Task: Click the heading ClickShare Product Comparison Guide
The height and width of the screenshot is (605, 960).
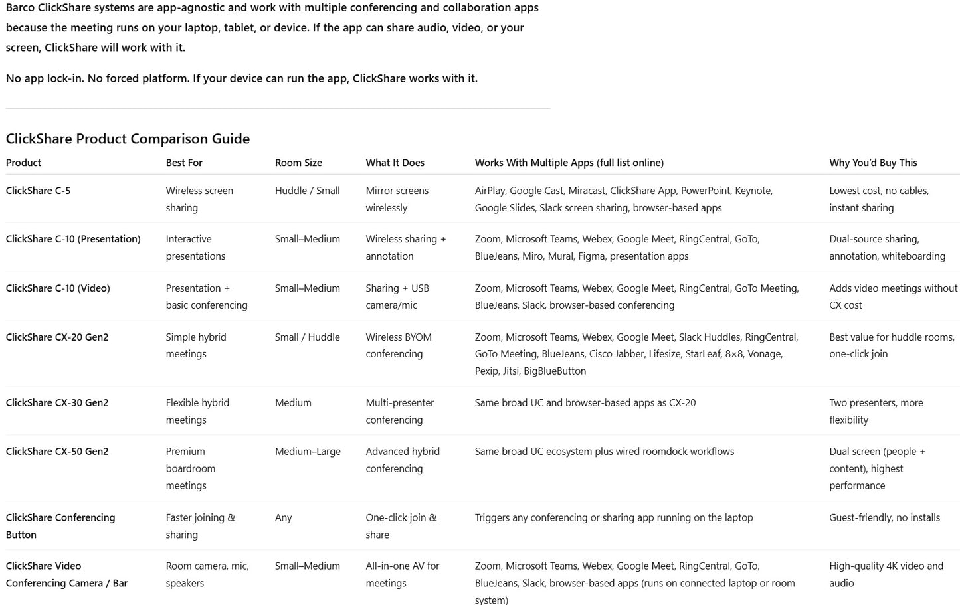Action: (x=128, y=139)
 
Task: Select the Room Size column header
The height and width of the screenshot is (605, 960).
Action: (x=298, y=163)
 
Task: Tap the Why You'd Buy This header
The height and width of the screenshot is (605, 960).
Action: (x=872, y=163)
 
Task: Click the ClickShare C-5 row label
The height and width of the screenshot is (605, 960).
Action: (x=38, y=191)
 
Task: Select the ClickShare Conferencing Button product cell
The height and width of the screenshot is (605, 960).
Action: (x=60, y=526)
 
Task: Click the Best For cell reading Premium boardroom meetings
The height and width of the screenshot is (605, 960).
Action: (x=191, y=468)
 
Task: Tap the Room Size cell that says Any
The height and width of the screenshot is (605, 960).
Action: (x=283, y=518)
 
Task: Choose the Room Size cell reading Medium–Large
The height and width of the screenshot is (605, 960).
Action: (x=308, y=452)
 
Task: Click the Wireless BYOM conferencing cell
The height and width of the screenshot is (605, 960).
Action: (x=399, y=345)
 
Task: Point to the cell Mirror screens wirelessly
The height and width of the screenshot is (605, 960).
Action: (x=397, y=199)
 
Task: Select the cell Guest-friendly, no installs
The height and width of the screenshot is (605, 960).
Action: (x=884, y=518)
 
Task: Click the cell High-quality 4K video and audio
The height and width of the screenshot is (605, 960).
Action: (x=886, y=574)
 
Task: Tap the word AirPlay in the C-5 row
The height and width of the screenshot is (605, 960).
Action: (x=490, y=191)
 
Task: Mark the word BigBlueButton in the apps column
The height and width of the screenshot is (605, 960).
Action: (x=555, y=371)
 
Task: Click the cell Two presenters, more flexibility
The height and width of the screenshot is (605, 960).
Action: (x=876, y=411)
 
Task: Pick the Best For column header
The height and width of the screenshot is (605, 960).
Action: (x=184, y=163)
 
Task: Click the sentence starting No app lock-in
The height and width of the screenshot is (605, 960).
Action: (x=241, y=78)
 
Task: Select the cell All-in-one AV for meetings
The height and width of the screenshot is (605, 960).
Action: (x=402, y=574)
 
